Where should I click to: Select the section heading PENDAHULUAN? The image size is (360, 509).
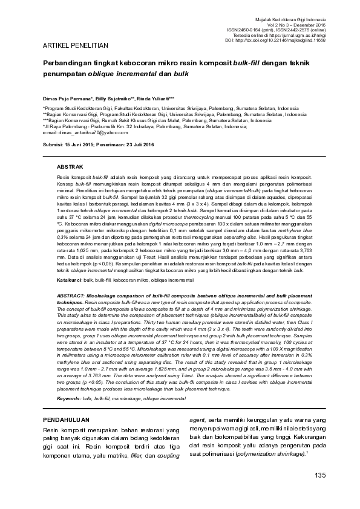(x=67, y=419)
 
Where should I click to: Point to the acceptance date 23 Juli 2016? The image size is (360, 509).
(x=139, y=145)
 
